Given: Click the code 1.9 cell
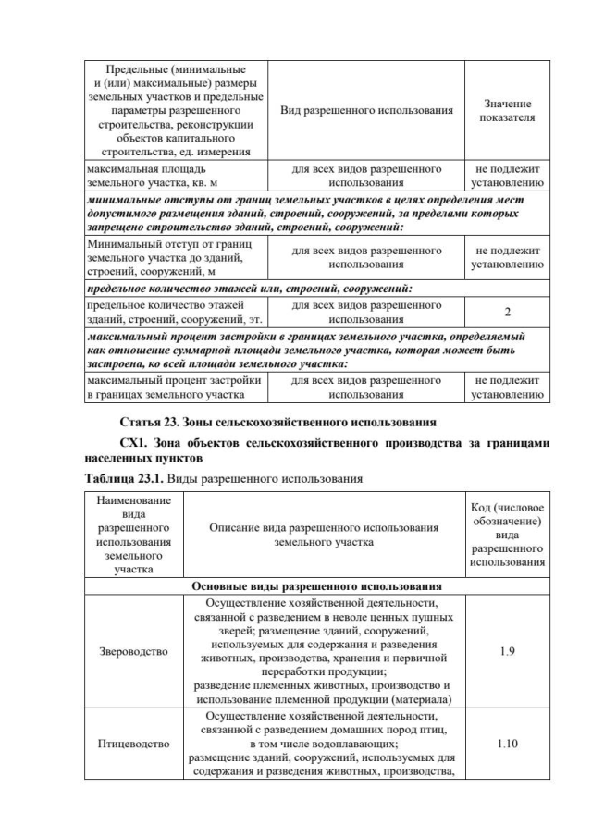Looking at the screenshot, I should tap(506, 652).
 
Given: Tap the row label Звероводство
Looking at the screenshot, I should tap(133, 652).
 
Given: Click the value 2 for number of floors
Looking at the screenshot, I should tap(506, 311).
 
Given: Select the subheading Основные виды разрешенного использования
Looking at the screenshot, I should tap(315, 586).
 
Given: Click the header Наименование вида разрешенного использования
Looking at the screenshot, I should tap(133, 534).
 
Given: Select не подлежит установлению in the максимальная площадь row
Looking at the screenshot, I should tap(506, 176).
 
